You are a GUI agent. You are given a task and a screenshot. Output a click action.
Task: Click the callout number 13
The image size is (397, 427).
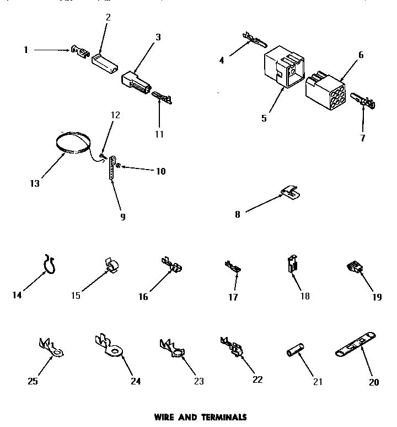[35, 183]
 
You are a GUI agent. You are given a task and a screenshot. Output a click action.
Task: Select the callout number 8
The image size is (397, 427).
[238, 214]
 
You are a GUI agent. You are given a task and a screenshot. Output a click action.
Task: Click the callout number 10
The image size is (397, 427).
[160, 171]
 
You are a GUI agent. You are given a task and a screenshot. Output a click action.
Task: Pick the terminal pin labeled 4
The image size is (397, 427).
[253, 40]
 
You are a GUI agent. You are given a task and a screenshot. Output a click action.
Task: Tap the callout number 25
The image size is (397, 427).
[33, 381]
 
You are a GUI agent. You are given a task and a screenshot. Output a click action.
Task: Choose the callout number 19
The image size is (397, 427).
[377, 297]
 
